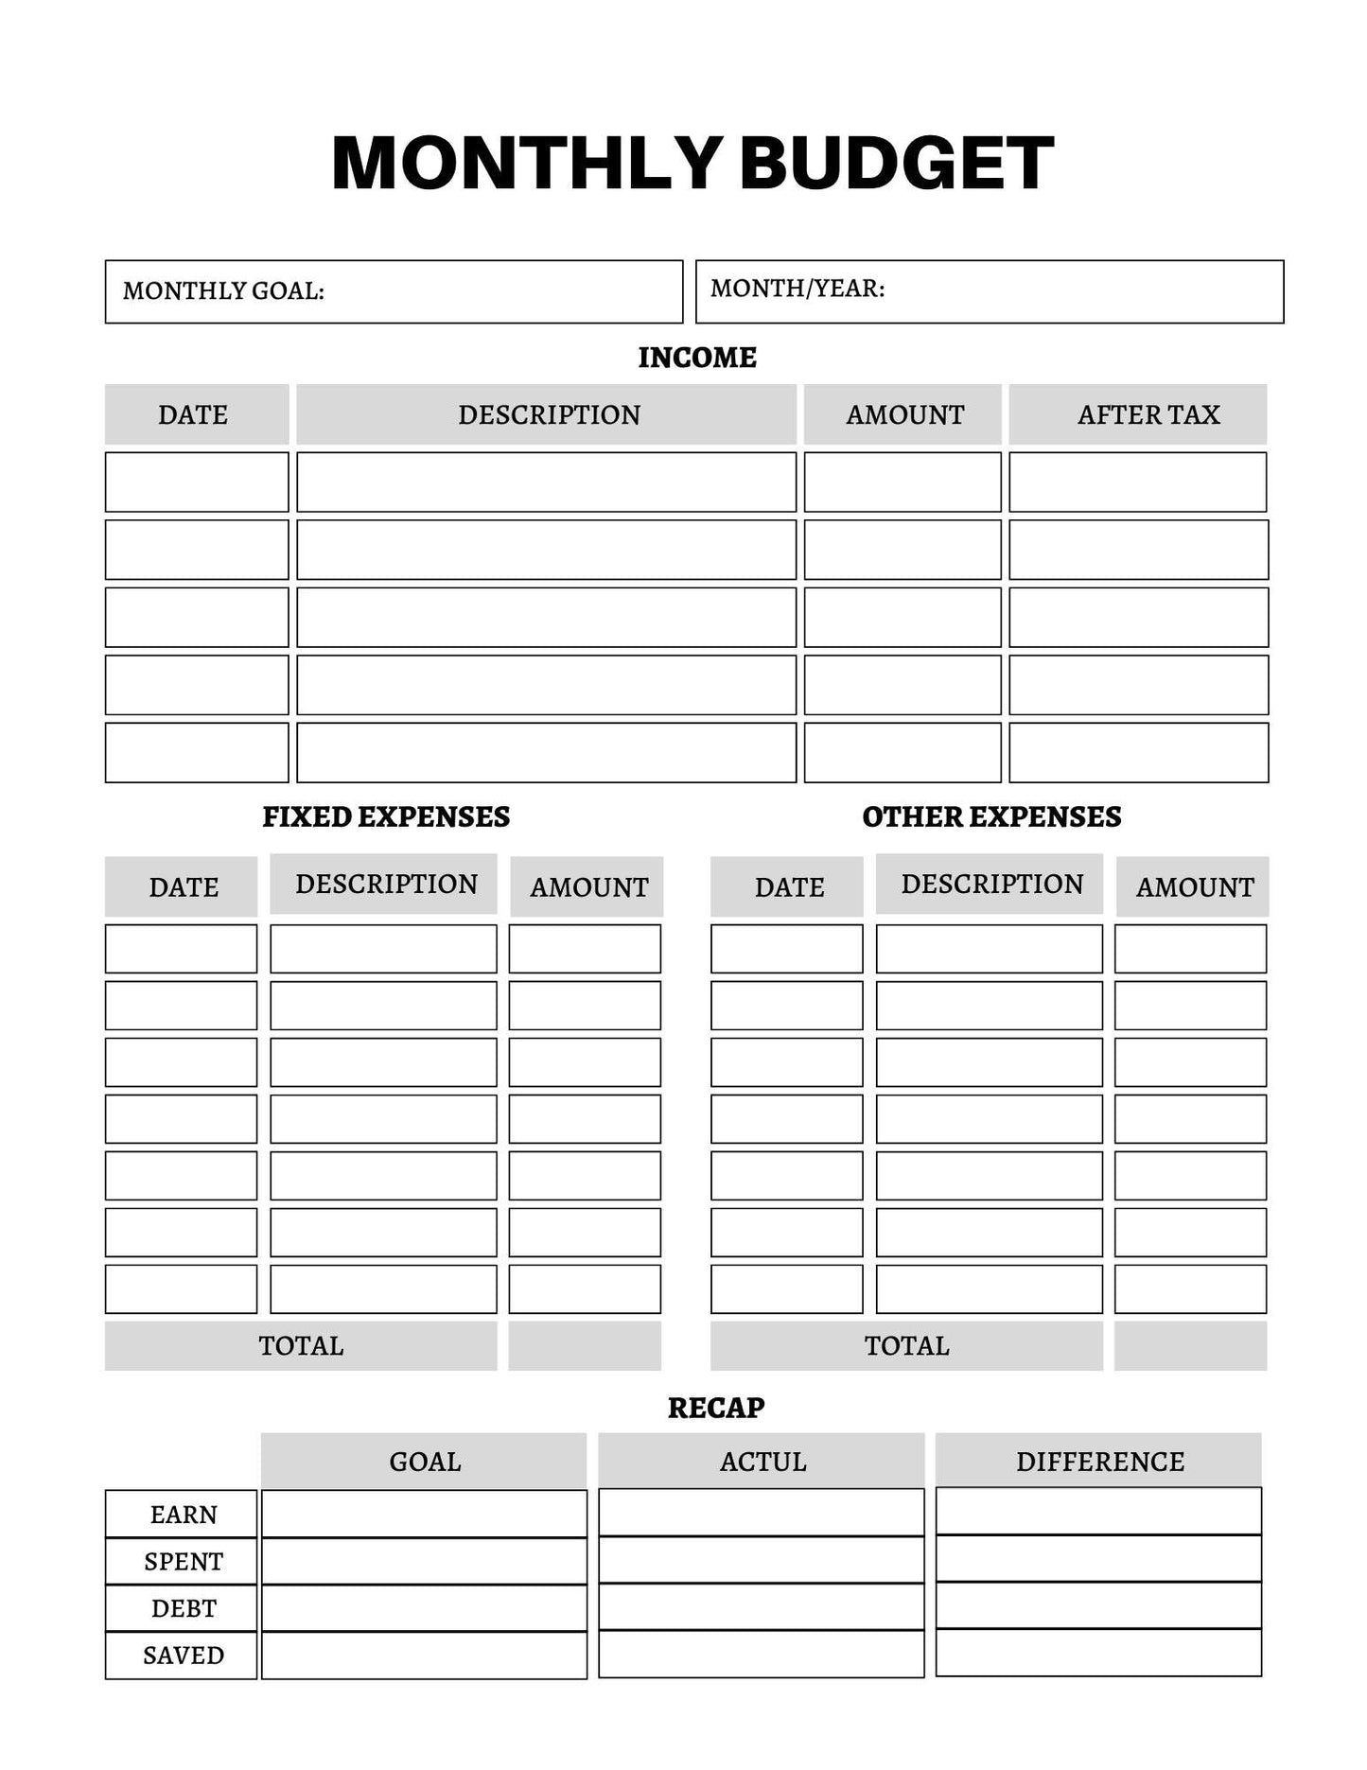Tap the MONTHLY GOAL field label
223,290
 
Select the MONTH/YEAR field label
797,289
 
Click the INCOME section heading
697,358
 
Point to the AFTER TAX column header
1148,414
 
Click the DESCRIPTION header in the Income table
549,414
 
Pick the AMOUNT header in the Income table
904,414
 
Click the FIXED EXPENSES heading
386,816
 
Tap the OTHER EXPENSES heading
991,816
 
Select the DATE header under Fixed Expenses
184,887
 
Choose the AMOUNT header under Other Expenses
1194,887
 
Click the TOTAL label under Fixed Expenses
301,1345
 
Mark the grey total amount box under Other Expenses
1190,1345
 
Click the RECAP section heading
716,1408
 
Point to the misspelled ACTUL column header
762,1462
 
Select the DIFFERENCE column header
1099,1462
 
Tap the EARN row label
184,1515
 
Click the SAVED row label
184,1656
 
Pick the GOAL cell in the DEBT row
424,1608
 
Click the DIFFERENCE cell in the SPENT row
1098,1558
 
